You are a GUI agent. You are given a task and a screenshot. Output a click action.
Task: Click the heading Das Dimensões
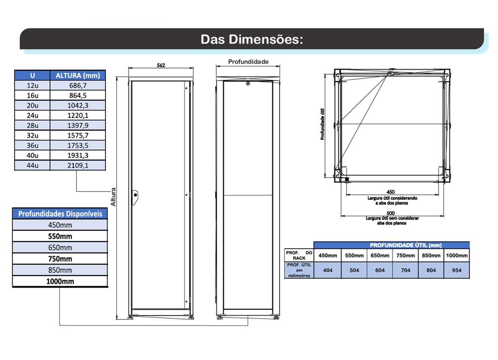tap(252, 39)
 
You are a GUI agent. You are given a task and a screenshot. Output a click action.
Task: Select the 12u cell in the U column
tap(32, 86)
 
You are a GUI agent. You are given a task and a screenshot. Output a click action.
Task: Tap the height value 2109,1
tap(78, 165)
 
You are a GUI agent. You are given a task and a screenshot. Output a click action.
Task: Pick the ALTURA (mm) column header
tap(78, 75)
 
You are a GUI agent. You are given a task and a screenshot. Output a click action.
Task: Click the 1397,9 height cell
tap(78, 125)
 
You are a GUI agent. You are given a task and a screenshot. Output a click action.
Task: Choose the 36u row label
tap(32, 145)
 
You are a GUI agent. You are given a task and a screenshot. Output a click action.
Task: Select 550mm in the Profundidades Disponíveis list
tap(60, 236)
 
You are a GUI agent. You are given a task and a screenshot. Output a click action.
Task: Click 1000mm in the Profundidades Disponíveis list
tap(60, 281)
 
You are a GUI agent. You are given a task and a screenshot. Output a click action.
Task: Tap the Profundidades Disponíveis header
tap(60, 213)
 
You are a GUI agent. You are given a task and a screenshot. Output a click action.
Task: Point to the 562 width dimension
tap(161, 65)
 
